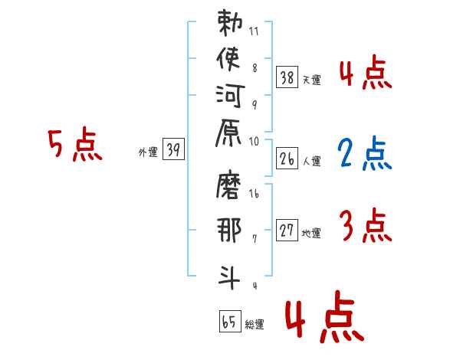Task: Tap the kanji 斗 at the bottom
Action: pyautogui.click(x=228, y=273)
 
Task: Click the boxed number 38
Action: pyautogui.click(x=287, y=77)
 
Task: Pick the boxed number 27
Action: pyautogui.click(x=287, y=230)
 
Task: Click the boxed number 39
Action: pyautogui.click(x=173, y=150)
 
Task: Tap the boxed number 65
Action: pyautogui.click(x=228, y=322)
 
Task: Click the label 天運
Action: pyautogui.click(x=311, y=80)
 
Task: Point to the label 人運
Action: pyautogui.click(x=311, y=161)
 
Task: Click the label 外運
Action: pyautogui.click(x=148, y=152)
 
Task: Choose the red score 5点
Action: pyautogui.click(x=74, y=144)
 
